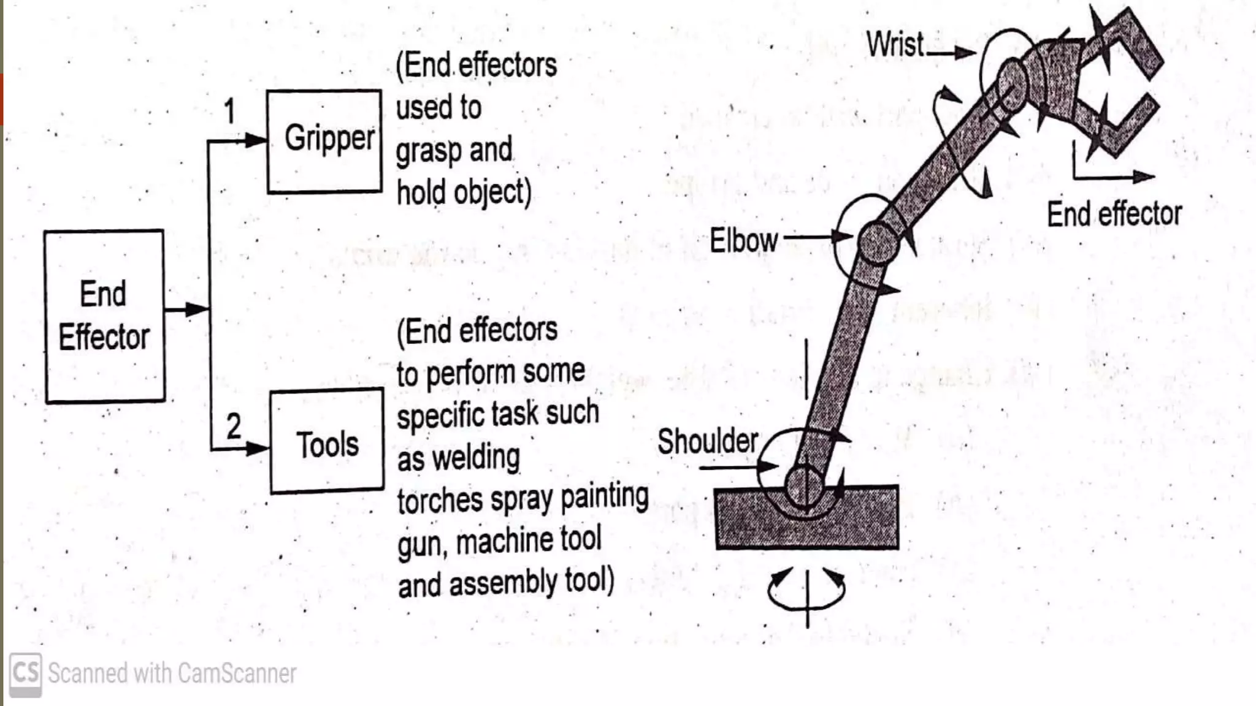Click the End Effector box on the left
point(104,316)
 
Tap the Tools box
point(327,441)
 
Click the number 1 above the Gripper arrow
point(229,112)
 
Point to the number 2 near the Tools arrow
point(234,426)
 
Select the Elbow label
point(743,240)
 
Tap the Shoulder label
point(708,441)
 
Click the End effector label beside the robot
point(1114,214)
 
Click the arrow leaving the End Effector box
point(187,309)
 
